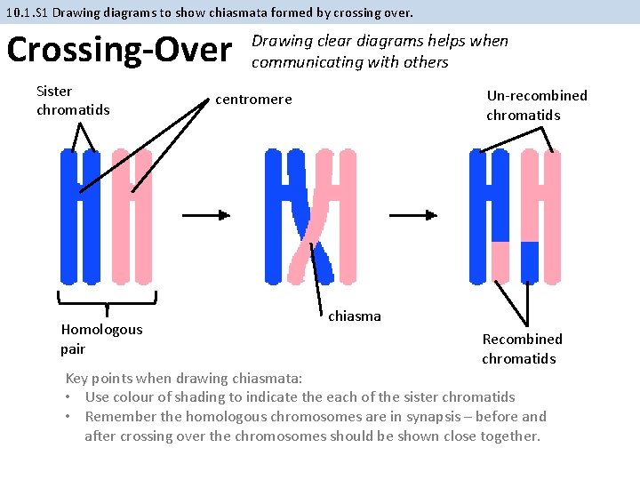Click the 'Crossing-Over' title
(119, 50)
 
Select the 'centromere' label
(253, 99)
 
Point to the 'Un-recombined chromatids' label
(536, 105)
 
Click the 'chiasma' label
(355, 316)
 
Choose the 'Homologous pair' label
(101, 339)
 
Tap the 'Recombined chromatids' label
(522, 348)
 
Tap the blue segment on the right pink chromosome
(530, 260)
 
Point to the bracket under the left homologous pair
(108, 300)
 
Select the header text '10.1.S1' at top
(27, 12)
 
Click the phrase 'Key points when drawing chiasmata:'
(184, 378)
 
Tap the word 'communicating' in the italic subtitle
(300, 62)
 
